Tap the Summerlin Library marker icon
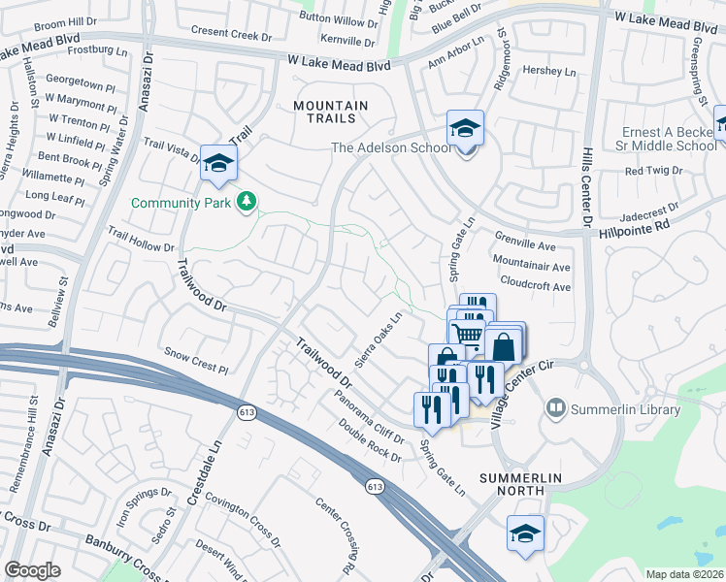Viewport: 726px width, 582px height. tap(556, 408)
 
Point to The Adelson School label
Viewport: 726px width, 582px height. tap(391, 147)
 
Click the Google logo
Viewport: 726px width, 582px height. tap(32, 569)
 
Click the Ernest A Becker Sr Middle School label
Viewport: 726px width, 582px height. tap(670, 139)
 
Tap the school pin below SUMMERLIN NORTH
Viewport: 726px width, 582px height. tap(525, 534)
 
